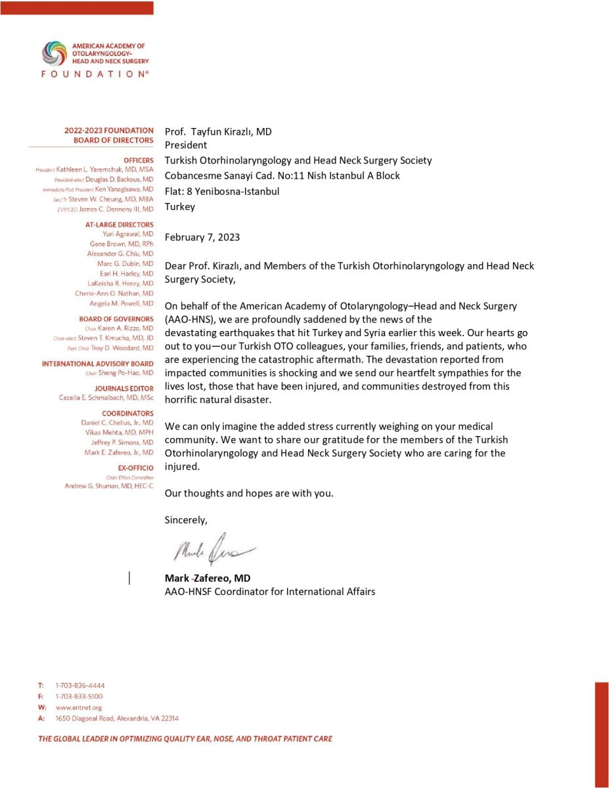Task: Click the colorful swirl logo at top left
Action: pos(54,53)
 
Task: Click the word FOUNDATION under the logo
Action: pos(95,74)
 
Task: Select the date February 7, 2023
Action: pos(202,237)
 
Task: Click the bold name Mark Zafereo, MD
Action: pos(207,579)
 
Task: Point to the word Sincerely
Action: pos(186,520)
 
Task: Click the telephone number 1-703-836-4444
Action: pos(80,686)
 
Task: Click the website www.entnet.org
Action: pos(79,707)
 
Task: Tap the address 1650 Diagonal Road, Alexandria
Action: pos(117,718)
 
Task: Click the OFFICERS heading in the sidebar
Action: pos(138,160)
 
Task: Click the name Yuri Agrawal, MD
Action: pos(128,234)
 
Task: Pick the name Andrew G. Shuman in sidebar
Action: pos(109,486)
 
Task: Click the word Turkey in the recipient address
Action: pos(180,206)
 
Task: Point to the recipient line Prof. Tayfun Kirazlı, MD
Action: pos(218,131)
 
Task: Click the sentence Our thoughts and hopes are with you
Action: pos(249,493)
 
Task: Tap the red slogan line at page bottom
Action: pos(185,739)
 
